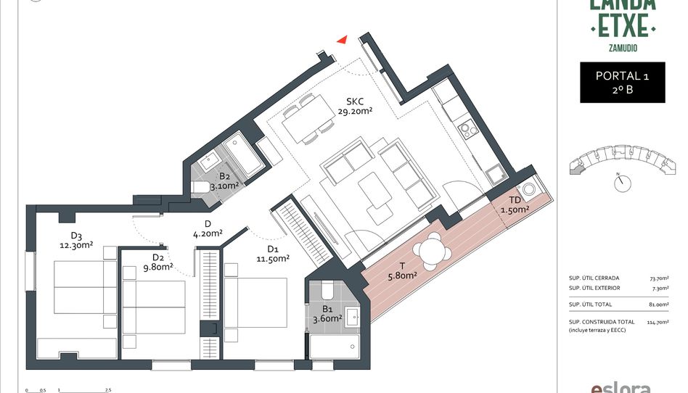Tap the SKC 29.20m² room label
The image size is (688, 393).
[355, 106]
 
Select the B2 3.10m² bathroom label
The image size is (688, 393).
[224, 181]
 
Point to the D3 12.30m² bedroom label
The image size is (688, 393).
[76, 240]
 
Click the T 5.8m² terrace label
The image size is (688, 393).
[401, 270]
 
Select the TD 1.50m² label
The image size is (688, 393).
[515, 204]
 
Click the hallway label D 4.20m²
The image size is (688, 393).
[208, 228]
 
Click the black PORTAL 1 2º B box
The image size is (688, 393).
[622, 82]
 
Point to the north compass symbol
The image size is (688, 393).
[621, 183]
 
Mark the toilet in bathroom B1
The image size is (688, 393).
[326, 291]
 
